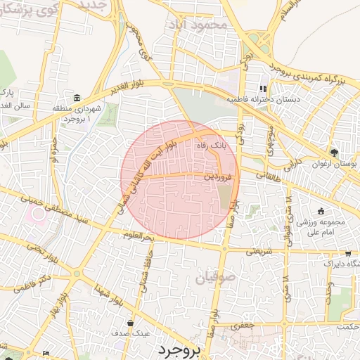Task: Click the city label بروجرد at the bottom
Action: coord(180,349)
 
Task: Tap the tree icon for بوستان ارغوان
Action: coord(334,152)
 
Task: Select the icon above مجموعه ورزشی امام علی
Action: coord(321,211)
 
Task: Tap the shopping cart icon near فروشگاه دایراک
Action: coord(347,255)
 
